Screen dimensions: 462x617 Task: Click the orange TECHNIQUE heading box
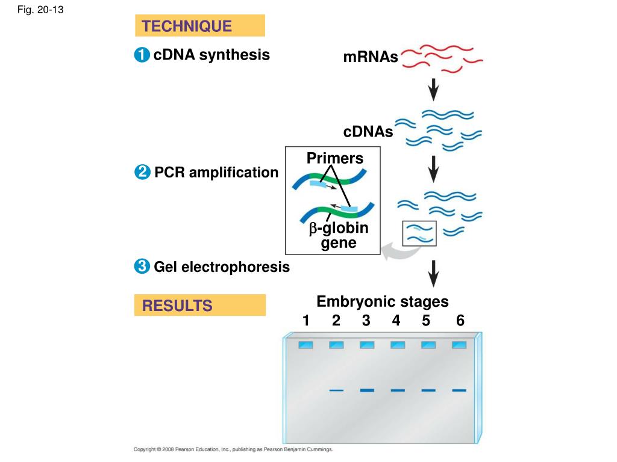click(199, 26)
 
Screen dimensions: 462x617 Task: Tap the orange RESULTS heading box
click(199, 305)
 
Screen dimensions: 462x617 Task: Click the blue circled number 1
click(141, 55)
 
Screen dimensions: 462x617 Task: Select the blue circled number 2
click(141, 173)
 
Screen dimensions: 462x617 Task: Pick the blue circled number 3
click(141, 266)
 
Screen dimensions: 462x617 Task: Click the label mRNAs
click(371, 57)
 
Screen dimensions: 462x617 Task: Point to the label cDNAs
click(368, 132)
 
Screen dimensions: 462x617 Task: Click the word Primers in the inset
click(335, 158)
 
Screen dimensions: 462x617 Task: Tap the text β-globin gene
click(339, 236)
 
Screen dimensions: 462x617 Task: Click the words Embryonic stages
click(383, 301)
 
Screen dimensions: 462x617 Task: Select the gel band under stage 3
click(367, 390)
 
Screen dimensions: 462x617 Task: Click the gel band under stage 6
click(459, 390)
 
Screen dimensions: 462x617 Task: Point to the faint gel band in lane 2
click(336, 390)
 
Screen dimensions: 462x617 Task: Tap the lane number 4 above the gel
click(396, 321)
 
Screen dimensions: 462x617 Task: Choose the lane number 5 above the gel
click(426, 321)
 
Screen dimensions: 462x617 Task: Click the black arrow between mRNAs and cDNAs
click(433, 90)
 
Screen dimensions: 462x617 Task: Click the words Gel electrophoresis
click(222, 266)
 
